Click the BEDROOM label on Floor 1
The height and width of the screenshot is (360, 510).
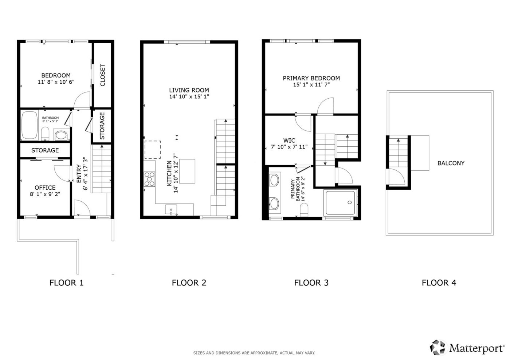click(56, 75)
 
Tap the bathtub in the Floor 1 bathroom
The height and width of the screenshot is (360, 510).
click(30, 126)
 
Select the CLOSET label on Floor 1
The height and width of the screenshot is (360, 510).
click(102, 75)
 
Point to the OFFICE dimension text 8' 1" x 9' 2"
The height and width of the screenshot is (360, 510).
click(45, 194)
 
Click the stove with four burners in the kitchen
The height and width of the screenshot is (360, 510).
click(149, 179)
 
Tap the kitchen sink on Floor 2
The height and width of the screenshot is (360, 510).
click(171, 210)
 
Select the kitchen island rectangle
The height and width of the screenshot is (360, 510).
click(187, 171)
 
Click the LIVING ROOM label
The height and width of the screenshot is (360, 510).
click(189, 90)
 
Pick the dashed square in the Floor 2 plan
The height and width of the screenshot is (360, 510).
click(153, 150)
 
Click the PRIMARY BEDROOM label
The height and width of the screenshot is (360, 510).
click(311, 78)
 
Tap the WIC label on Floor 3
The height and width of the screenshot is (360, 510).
click(289, 140)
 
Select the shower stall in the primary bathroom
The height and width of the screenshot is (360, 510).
click(340, 203)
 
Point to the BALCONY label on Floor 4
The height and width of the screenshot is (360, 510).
click(451, 163)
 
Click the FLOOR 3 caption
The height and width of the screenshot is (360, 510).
click(311, 282)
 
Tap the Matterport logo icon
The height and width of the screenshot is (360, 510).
click(438, 347)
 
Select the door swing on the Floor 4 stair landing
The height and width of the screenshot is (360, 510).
click(396, 178)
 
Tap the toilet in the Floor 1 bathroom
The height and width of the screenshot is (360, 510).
click(45, 134)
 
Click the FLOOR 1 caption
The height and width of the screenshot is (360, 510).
click(66, 282)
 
